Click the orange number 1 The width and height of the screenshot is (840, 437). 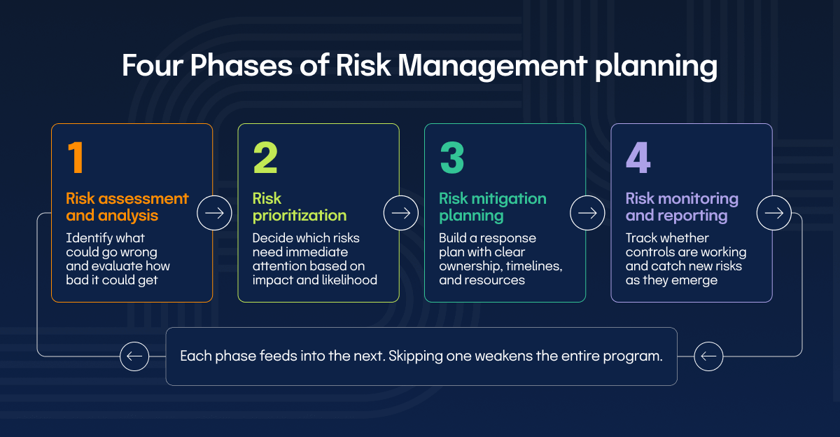pos(76,158)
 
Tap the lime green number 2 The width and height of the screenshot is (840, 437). pos(265,158)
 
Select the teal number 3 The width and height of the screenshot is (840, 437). pos(452,158)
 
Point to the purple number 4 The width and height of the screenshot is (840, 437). pos(638,158)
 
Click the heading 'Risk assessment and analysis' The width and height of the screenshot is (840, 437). pos(127,207)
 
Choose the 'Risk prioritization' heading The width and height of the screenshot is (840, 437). pos(300,207)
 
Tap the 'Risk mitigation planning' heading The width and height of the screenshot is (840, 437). pos(493,207)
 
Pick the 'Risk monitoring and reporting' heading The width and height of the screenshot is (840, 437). pos(682,207)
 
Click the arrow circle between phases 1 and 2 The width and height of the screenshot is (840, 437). pos(214,213)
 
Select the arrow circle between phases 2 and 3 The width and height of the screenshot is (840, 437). pos(401,213)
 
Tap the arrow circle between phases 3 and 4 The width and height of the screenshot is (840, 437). pos(587,213)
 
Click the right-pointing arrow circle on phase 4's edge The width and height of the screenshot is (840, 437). pos(774,213)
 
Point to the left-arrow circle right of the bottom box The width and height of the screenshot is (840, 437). pos(708,356)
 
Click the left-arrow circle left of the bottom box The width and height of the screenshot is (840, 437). pos(134,356)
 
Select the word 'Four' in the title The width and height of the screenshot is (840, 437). pos(153,66)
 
